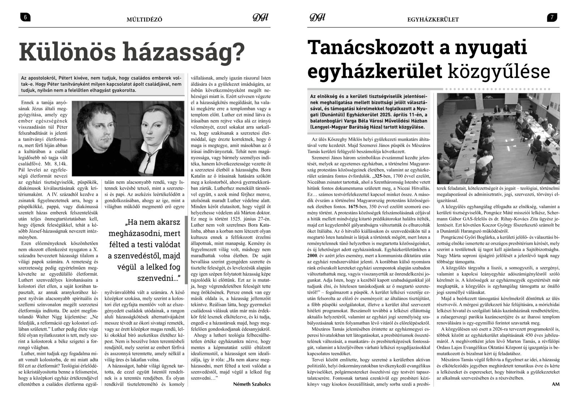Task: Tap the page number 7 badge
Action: coord(552,17)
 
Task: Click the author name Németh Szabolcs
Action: coord(252,384)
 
